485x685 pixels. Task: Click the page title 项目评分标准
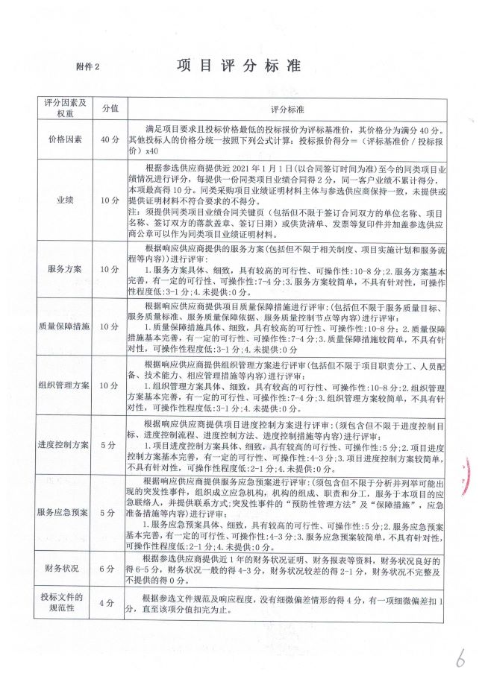[238, 66]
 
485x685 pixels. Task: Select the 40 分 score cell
[110, 139]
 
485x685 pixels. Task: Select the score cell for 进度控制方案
[110, 445]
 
